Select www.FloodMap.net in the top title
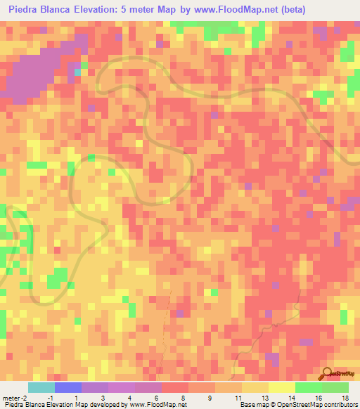219,11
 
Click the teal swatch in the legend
41,388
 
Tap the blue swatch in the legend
68,388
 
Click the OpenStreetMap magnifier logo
327,372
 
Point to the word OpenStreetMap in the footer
295,405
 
